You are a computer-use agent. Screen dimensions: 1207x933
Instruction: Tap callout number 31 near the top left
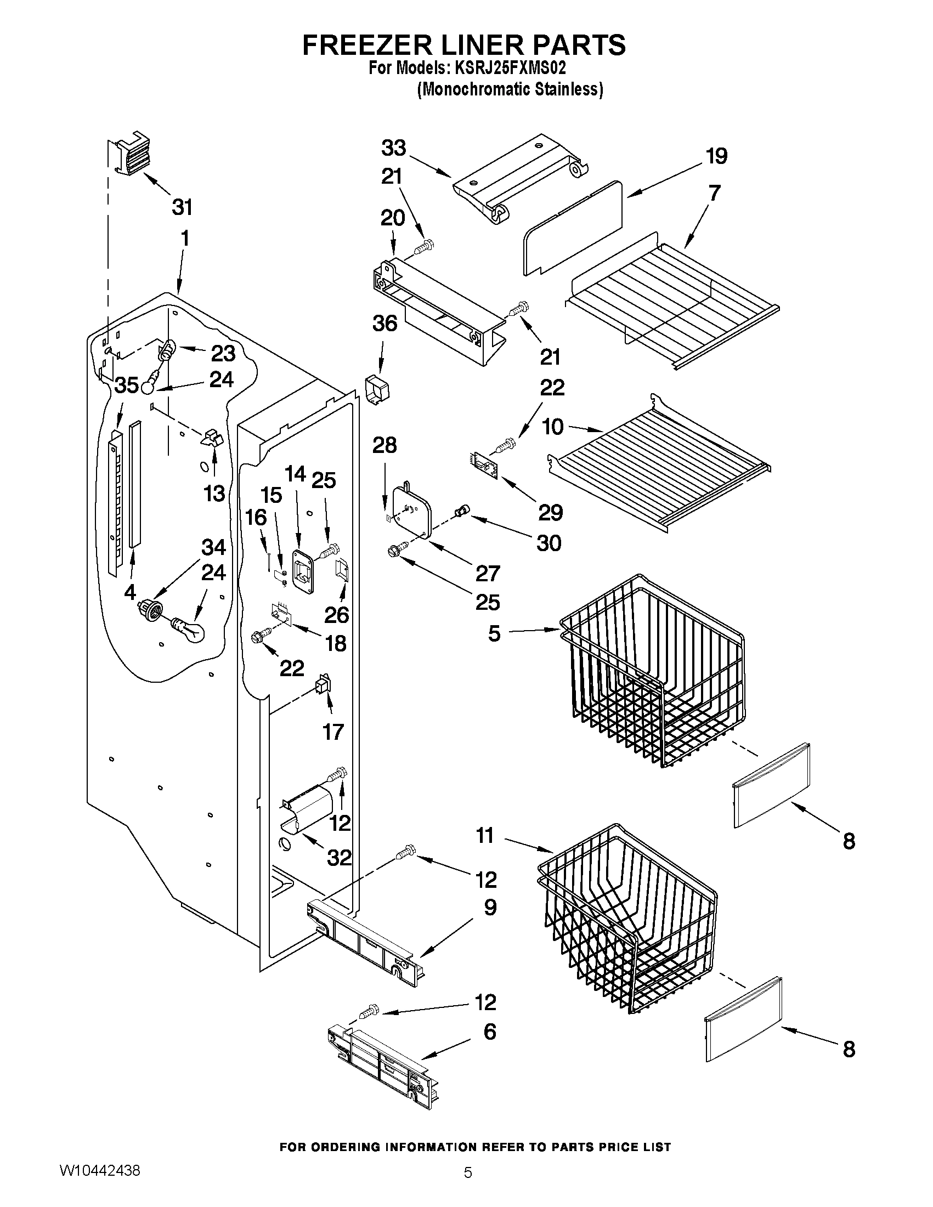[x=182, y=207]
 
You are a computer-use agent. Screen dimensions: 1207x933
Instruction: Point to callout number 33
[x=393, y=148]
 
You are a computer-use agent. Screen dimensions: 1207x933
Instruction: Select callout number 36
[x=384, y=324]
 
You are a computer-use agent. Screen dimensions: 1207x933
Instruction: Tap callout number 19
[x=716, y=156]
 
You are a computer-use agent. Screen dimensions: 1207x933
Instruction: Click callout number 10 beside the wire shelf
[x=553, y=426]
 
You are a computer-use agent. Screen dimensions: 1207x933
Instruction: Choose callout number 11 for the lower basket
[x=485, y=836]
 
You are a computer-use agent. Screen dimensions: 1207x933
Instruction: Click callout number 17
[x=333, y=732]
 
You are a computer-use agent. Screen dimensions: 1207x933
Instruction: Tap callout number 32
[x=339, y=857]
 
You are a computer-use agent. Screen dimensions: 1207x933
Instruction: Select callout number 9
[x=490, y=907]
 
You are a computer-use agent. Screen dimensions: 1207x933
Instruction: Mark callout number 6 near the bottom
[x=490, y=1032]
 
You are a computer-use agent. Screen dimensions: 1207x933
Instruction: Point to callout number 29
[x=551, y=513]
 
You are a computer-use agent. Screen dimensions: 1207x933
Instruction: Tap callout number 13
[x=214, y=493]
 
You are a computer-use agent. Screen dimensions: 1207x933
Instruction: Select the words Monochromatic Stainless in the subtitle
[x=510, y=89]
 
